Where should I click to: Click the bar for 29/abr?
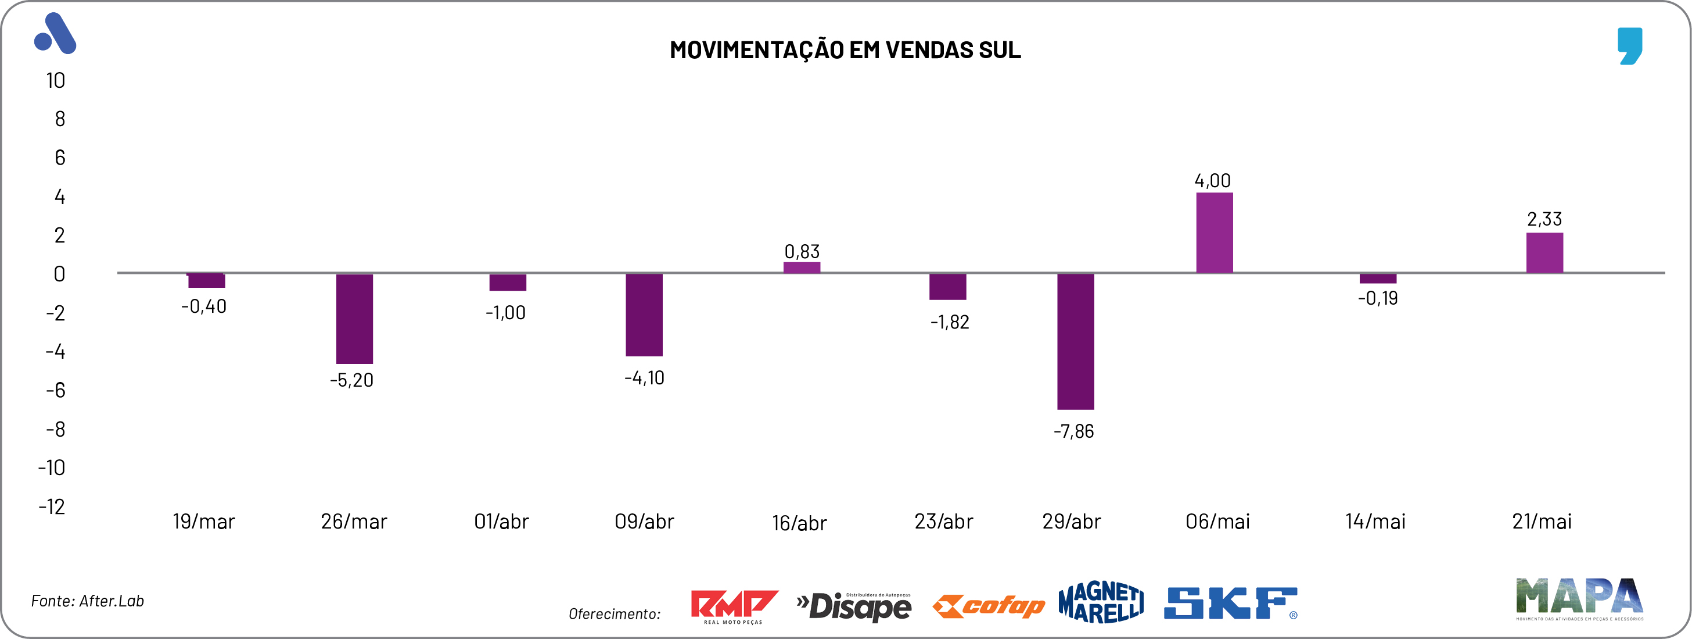coord(1075,341)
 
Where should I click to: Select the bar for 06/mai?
coord(1214,233)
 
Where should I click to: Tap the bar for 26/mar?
coord(354,319)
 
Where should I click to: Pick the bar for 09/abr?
coord(644,315)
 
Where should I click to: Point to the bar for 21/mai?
coord(1544,253)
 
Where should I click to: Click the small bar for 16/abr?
coord(802,267)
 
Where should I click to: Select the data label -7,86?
coord(1073,431)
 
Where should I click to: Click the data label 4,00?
coord(1212,181)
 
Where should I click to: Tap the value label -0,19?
coord(1377,298)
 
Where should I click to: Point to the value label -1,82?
coord(949,322)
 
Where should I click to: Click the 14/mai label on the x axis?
coord(1375,522)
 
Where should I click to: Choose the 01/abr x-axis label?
coord(501,522)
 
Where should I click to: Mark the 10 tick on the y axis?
coord(55,81)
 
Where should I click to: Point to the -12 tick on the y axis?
coord(52,506)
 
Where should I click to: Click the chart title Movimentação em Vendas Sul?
coord(845,50)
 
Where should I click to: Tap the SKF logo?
coord(1230,603)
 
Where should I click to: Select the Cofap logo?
coord(988,605)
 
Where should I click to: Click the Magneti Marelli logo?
coord(1101,602)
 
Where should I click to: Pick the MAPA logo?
coord(1579,598)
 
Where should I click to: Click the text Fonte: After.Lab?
coord(87,601)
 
